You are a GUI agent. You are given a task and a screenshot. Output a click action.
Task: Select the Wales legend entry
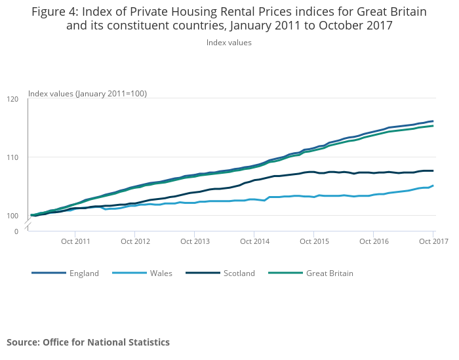[161, 273]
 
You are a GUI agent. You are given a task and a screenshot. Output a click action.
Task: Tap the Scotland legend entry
[239, 273]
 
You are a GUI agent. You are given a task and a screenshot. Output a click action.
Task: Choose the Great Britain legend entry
[329, 273]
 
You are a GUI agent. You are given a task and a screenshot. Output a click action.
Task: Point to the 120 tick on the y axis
[12, 100]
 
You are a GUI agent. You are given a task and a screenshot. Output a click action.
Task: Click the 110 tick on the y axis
[12, 157]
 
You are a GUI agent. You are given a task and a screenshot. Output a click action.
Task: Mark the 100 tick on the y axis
[12, 216]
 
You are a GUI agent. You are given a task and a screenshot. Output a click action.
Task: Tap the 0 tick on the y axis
[17, 231]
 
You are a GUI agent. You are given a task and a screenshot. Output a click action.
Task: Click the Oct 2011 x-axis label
[75, 241]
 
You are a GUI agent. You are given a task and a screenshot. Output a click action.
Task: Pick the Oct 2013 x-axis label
[194, 241]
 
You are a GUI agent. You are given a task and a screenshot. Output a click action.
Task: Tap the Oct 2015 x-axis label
[313, 241]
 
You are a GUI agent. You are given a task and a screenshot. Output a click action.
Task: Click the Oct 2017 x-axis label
[433, 241]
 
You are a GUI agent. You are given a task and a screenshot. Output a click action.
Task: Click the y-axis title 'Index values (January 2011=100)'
[87, 94]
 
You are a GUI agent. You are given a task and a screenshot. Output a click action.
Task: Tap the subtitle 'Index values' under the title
[229, 43]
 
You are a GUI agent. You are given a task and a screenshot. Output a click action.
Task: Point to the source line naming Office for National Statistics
[88, 342]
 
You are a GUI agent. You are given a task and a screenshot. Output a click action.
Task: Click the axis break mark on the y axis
[28, 224]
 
